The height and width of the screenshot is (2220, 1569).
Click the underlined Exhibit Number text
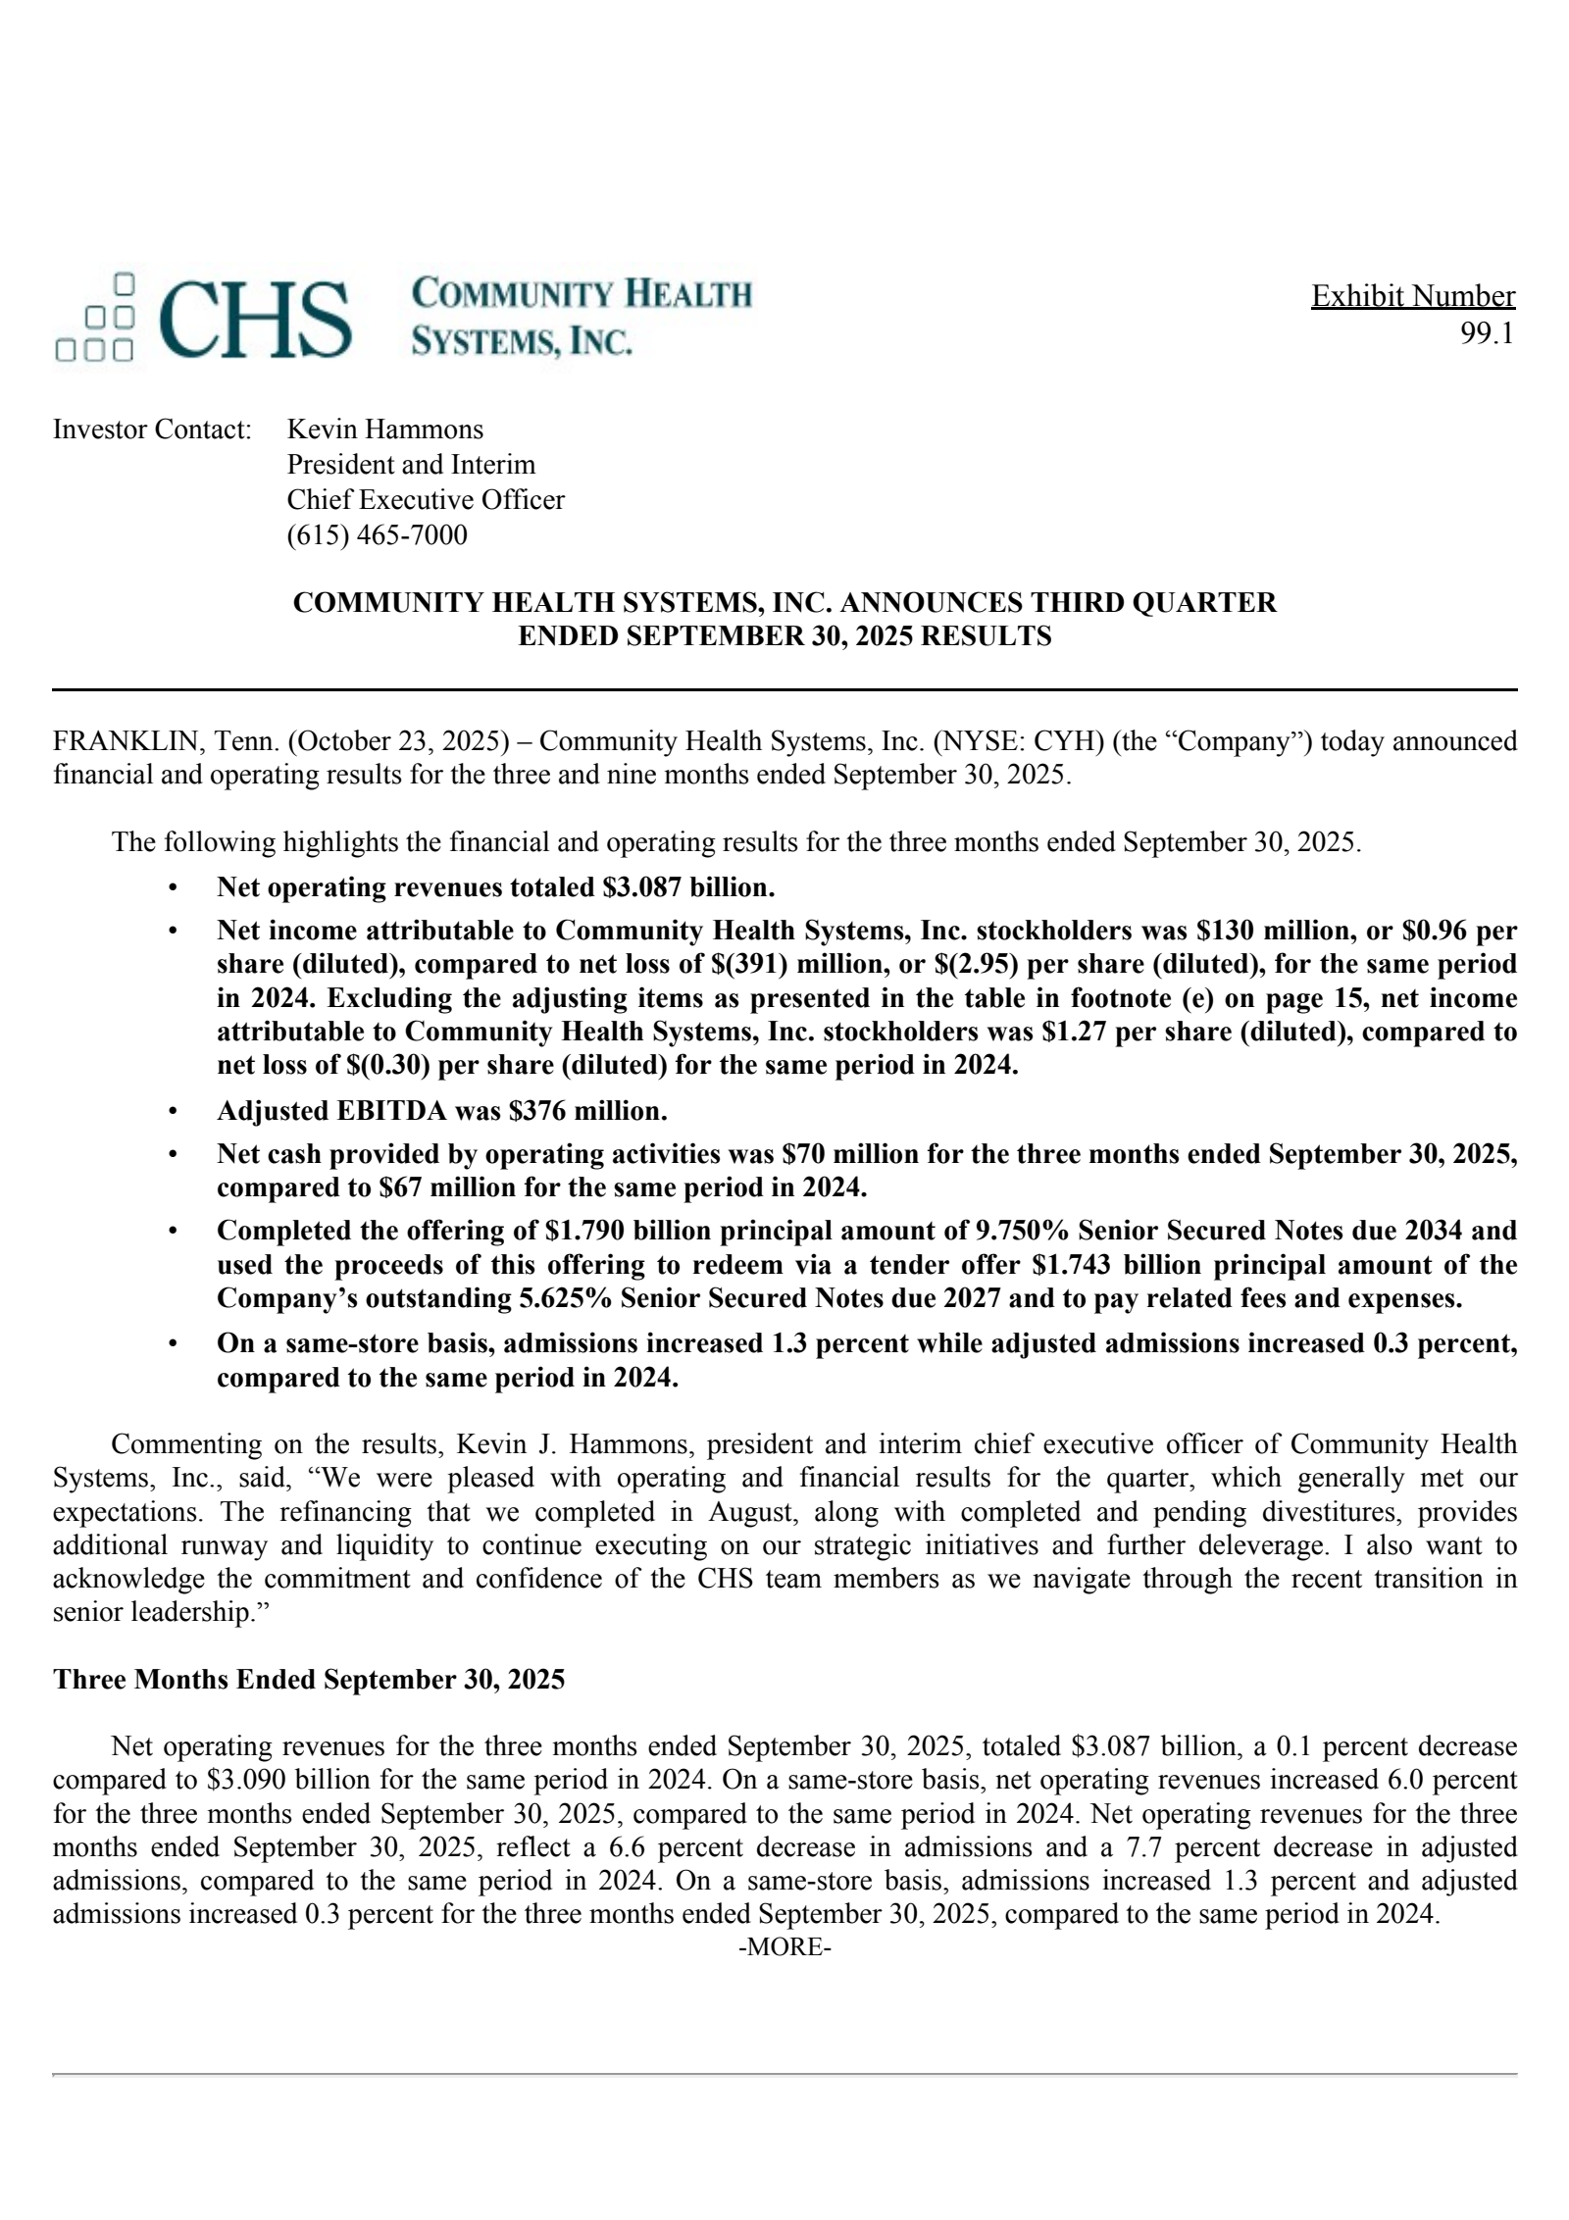1412,296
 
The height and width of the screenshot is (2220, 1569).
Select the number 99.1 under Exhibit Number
1487,333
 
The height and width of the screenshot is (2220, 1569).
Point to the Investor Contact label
152,429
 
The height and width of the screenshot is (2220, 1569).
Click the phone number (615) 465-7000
377,535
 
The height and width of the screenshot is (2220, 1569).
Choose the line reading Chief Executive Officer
426,500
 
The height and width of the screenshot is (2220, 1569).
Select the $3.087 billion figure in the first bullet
687,887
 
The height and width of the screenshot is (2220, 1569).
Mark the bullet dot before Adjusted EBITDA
174,1111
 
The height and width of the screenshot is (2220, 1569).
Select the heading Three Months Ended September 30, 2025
309,1680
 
